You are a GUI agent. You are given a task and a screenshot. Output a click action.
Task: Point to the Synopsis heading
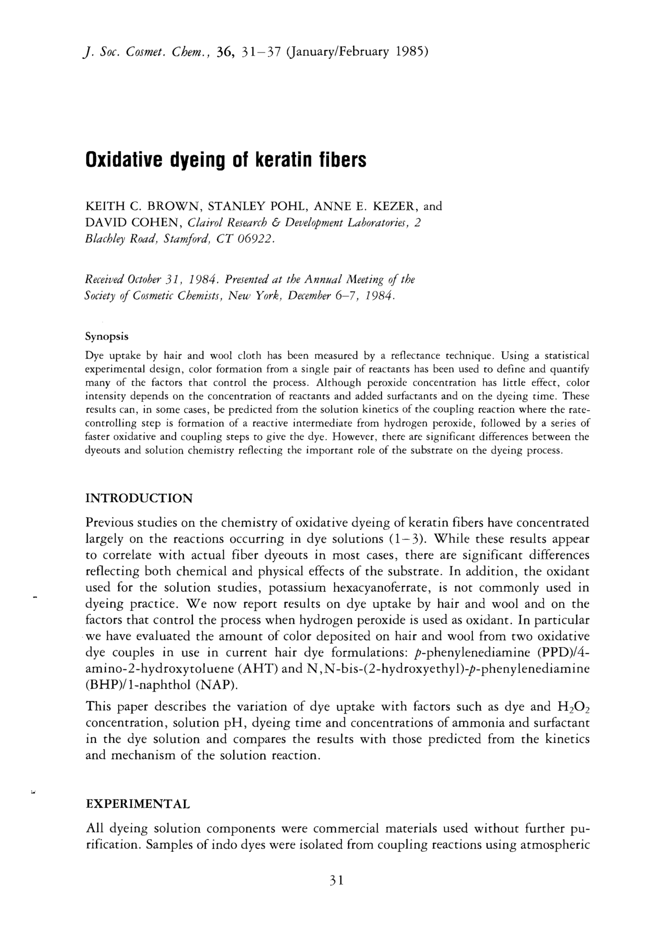tap(107, 336)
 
